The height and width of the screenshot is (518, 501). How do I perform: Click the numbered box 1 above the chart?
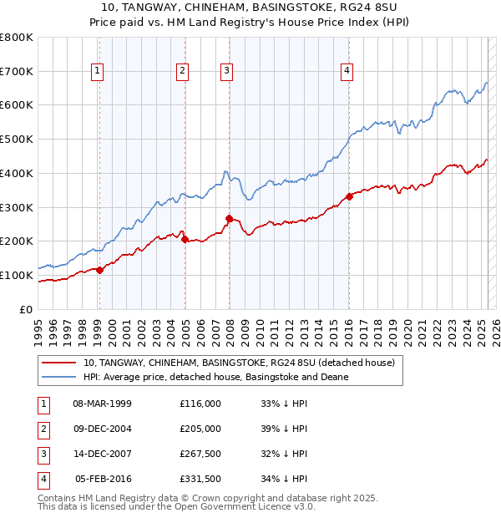(98, 72)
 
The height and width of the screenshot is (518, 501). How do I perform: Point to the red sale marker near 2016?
(349, 196)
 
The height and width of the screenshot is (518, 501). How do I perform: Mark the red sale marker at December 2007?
(229, 218)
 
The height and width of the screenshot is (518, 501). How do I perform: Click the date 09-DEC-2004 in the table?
(103, 429)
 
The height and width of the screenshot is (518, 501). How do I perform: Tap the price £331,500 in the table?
(200, 479)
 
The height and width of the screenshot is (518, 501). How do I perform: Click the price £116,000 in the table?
(200, 404)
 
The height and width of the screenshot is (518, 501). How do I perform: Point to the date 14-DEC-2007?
(103, 454)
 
